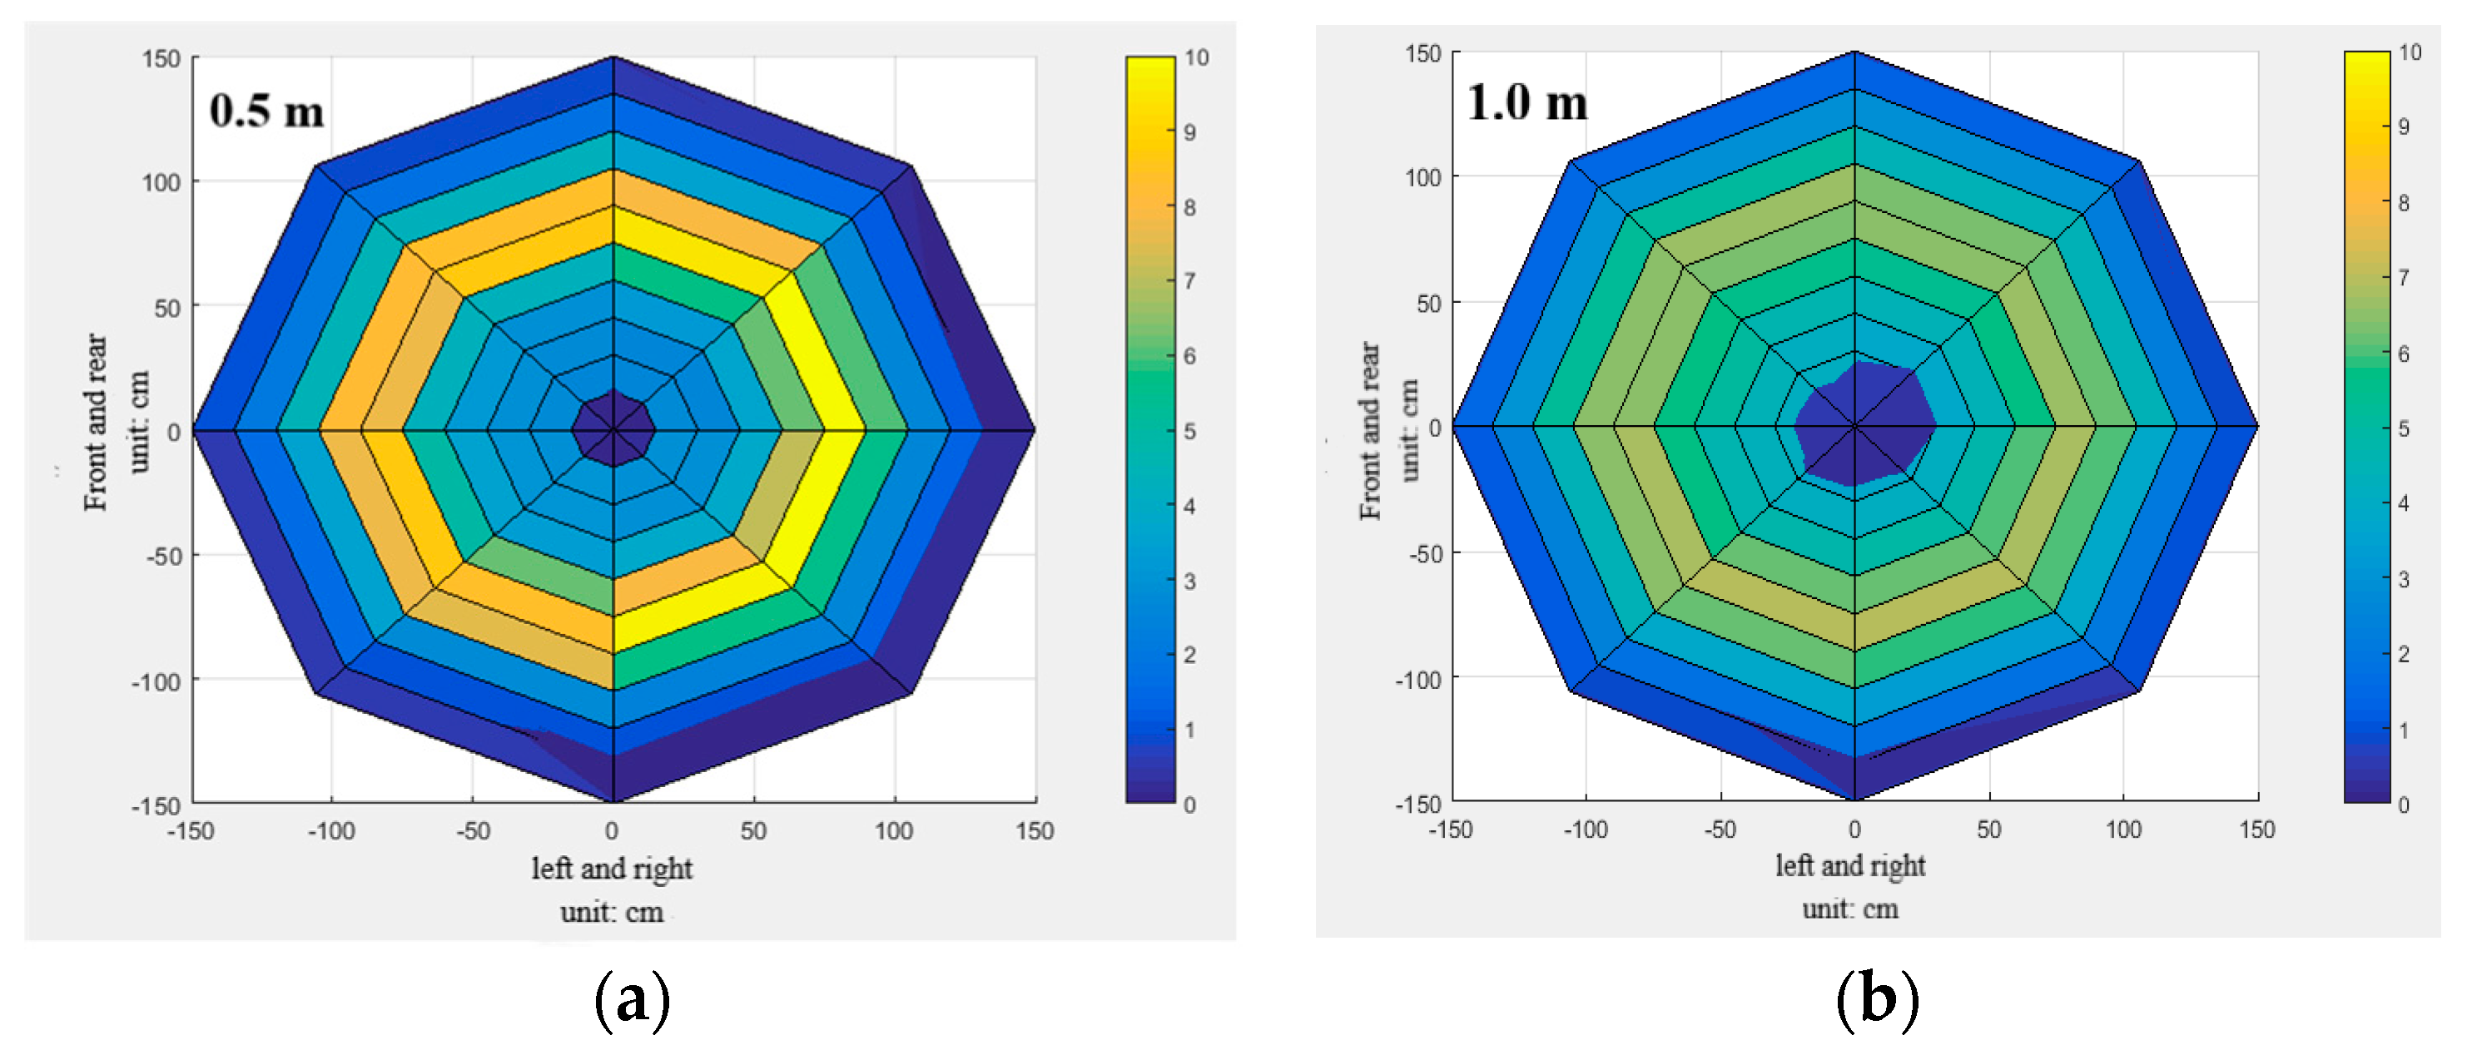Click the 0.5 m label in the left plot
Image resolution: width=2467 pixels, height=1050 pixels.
[266, 111]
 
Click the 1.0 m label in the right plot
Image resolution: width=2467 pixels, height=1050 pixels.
[1526, 102]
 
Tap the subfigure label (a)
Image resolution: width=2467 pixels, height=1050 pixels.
[632, 1000]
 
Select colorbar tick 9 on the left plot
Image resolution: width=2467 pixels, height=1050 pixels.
[1189, 132]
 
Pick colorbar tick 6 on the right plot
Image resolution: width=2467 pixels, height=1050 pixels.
[2403, 354]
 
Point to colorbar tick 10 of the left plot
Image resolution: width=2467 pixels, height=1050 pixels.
[1196, 57]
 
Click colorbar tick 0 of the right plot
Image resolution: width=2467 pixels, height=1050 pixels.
[2403, 804]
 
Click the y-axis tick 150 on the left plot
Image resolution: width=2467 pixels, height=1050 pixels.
[161, 58]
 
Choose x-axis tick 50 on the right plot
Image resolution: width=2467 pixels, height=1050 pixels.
[1989, 828]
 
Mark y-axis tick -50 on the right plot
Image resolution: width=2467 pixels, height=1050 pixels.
[1425, 553]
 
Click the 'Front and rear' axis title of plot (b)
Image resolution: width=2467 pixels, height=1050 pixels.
[1371, 431]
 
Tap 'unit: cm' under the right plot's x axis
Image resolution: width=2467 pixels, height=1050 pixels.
[1850, 908]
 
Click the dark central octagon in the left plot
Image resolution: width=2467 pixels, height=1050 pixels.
[613, 428]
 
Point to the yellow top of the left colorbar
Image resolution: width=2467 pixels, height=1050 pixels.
[1150, 72]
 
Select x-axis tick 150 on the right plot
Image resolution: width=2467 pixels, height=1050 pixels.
[2256, 828]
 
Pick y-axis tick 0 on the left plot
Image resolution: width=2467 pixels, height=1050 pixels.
[173, 432]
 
